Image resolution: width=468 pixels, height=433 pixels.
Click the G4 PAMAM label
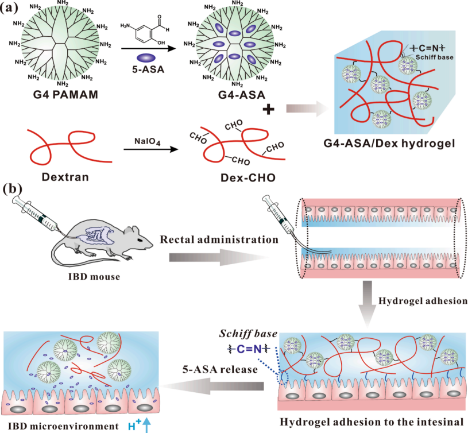(x=65, y=95)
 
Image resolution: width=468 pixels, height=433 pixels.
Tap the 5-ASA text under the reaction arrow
(x=148, y=69)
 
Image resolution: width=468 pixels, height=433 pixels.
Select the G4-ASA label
(x=242, y=95)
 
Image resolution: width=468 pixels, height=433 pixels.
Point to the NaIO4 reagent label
(x=148, y=141)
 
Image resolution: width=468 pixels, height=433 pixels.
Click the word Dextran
(x=65, y=177)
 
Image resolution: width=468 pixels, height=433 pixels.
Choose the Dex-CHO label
(x=248, y=177)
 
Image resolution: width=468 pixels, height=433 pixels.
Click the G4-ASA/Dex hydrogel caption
(x=389, y=144)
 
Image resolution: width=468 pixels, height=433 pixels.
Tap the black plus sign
(x=268, y=109)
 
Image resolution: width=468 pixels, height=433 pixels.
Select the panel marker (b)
(x=13, y=188)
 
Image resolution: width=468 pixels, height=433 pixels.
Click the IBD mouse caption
(x=94, y=277)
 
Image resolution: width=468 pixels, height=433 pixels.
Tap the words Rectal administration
(x=219, y=239)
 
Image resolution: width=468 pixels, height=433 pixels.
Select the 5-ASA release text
(x=220, y=369)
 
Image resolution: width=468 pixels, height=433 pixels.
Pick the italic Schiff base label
(x=248, y=333)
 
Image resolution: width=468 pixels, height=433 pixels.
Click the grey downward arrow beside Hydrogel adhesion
(x=368, y=303)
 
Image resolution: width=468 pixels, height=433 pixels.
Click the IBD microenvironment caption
(x=63, y=426)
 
